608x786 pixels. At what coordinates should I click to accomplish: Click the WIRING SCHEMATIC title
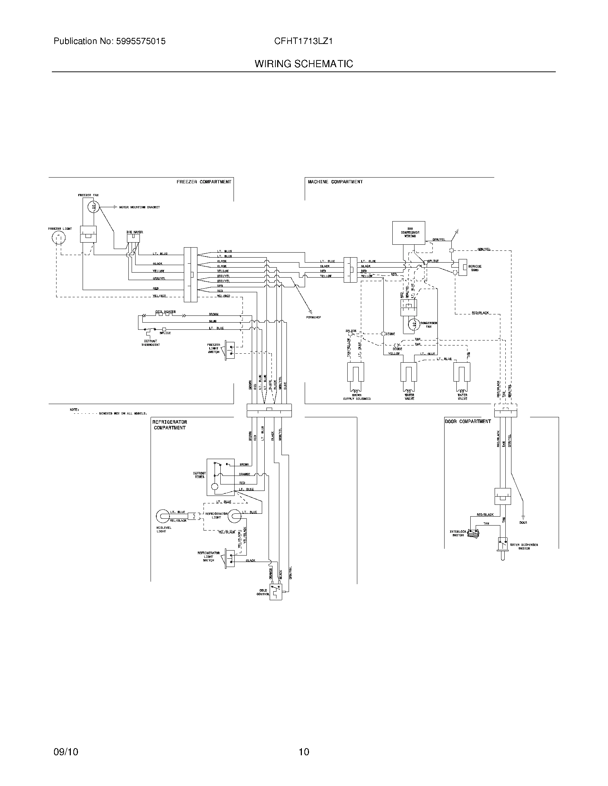pos(304,64)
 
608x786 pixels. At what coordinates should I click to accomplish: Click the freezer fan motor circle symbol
pos(94,207)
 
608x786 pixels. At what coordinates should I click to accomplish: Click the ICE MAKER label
pos(135,232)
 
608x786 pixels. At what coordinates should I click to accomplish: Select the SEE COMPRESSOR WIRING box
pos(408,233)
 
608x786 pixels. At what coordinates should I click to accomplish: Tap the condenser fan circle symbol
pos(413,323)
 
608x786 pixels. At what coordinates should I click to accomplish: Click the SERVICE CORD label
pos(475,268)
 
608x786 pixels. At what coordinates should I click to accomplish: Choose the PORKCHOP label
pos(314,317)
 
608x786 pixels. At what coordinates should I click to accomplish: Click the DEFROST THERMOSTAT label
pos(150,343)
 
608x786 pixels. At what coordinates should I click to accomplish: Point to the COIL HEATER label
pos(165,312)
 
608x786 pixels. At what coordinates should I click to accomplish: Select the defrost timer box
pos(220,477)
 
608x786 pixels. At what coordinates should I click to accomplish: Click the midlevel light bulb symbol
pos(162,516)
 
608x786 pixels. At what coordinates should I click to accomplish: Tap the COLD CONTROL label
pos(263,592)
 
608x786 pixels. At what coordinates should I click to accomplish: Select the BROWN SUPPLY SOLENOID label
pos(357,397)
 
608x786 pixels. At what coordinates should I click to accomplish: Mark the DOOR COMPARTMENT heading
pos(467,421)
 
